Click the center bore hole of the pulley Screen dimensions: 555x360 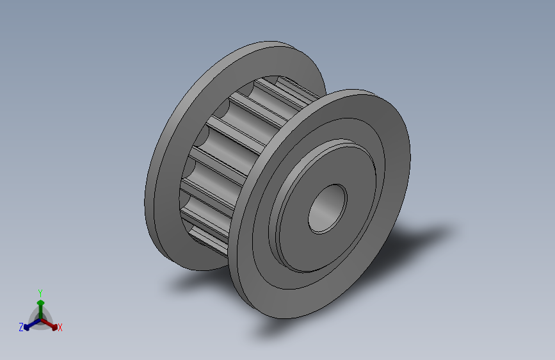(x=327, y=209)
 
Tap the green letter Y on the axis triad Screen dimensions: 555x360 (x=40, y=293)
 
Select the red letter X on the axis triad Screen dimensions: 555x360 (x=60, y=327)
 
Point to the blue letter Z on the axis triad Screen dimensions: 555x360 (x=21, y=327)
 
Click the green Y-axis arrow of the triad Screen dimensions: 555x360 (x=41, y=309)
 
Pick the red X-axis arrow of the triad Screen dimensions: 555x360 (x=49, y=324)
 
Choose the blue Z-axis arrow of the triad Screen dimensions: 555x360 (x=32, y=324)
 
